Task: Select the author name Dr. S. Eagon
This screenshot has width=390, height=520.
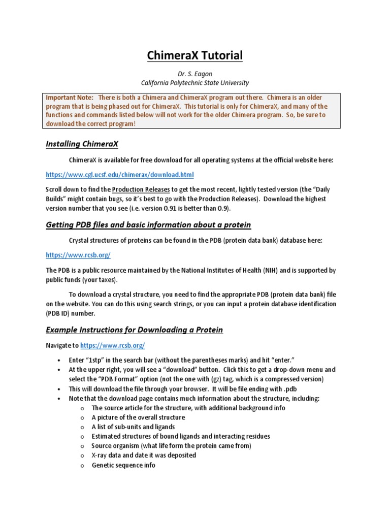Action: click(x=194, y=74)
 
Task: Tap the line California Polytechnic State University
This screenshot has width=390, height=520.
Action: click(x=194, y=83)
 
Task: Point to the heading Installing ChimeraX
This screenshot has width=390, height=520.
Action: click(x=82, y=144)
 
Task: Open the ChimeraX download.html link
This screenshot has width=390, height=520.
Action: click(x=120, y=175)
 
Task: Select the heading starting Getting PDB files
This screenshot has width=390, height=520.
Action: click(x=148, y=224)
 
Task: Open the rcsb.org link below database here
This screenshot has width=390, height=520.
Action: click(x=78, y=255)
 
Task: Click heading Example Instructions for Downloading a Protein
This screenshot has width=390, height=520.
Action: click(x=134, y=330)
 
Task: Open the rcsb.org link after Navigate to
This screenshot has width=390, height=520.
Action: click(x=113, y=345)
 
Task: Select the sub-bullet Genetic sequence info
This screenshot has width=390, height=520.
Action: click(x=123, y=465)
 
